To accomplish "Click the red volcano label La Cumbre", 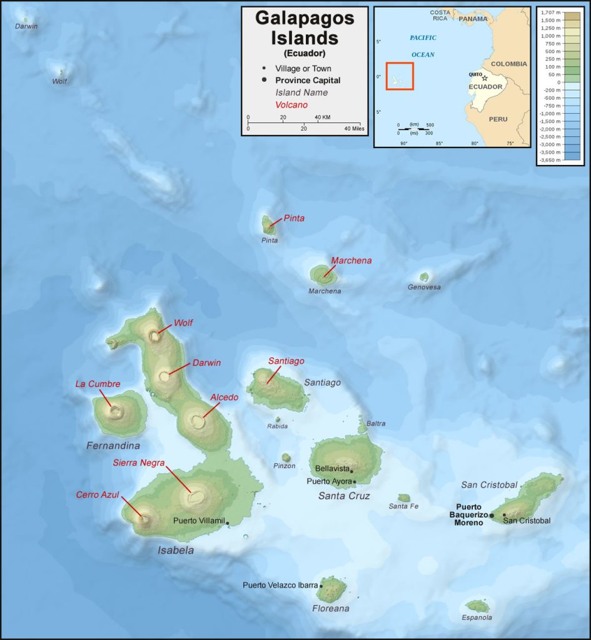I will pyautogui.click(x=98, y=384).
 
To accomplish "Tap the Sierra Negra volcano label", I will pyautogui.click(x=139, y=462).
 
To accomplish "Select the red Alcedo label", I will pyautogui.click(x=224, y=397).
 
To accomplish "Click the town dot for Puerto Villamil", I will pyautogui.click(x=228, y=522).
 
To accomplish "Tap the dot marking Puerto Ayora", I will pyautogui.click(x=355, y=481).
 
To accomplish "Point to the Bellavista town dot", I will pyautogui.click(x=352, y=471).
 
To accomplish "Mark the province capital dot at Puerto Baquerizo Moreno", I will pyautogui.click(x=492, y=516).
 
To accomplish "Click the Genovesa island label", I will pyautogui.click(x=424, y=287).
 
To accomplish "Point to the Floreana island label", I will pyautogui.click(x=330, y=608).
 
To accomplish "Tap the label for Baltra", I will pyautogui.click(x=376, y=423).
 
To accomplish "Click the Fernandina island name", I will pyautogui.click(x=113, y=446).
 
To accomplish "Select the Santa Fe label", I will pyautogui.click(x=403, y=506).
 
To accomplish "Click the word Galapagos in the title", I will pyautogui.click(x=305, y=18).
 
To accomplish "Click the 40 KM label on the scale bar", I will pyautogui.click(x=322, y=117).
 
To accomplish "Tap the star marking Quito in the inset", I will pyautogui.click(x=485, y=79).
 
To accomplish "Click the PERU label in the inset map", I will pyautogui.click(x=498, y=119).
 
